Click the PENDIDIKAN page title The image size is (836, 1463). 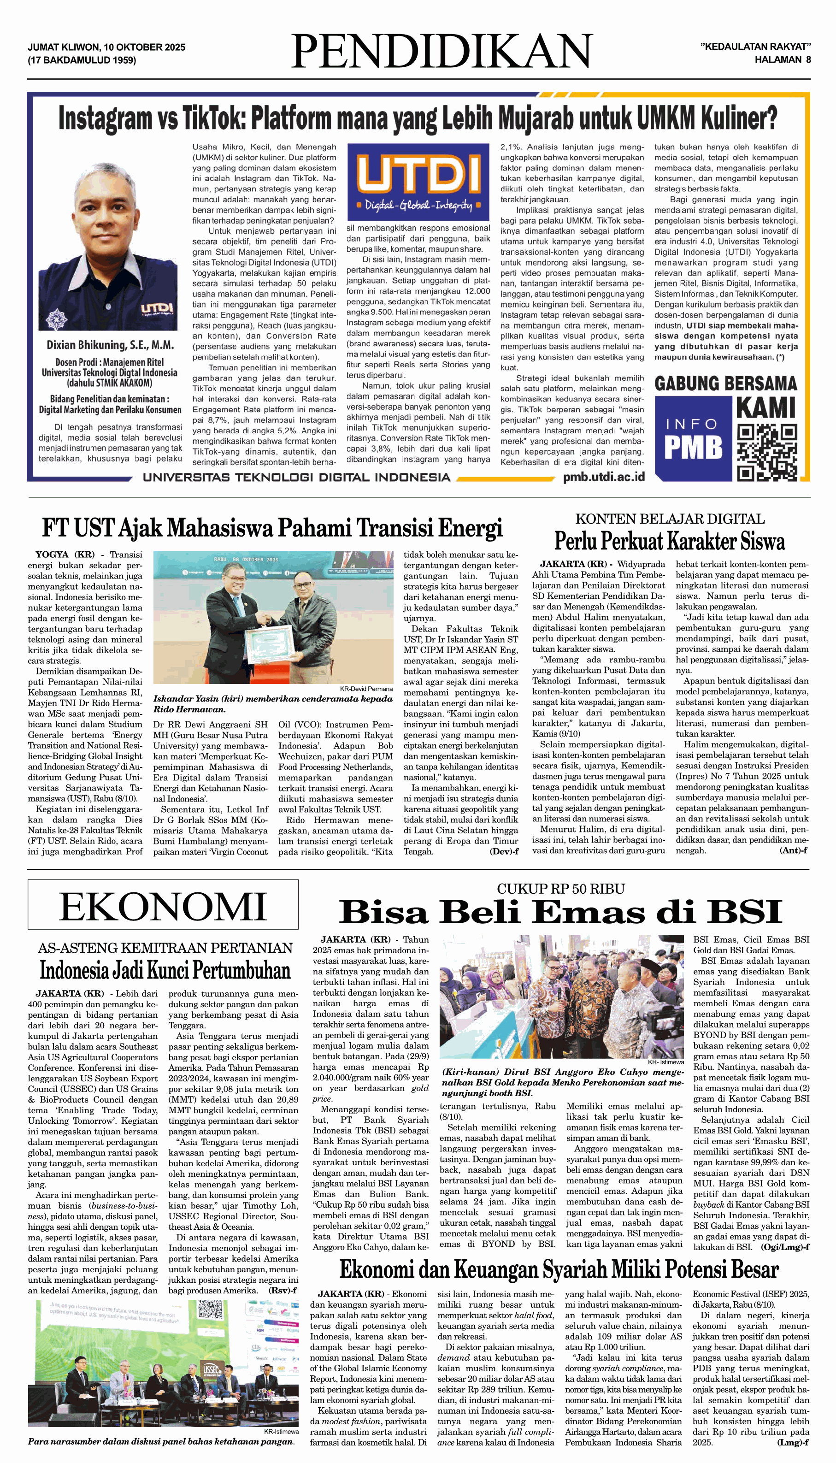441,52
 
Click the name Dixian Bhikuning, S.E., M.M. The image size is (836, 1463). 110,345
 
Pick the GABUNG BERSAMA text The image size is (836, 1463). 726,383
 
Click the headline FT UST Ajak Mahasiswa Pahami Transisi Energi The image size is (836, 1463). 272,528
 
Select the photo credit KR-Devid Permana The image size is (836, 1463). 366,689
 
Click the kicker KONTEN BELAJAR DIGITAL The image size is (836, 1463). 670,519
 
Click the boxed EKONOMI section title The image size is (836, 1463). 163,908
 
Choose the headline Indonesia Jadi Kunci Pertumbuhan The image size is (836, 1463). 165,970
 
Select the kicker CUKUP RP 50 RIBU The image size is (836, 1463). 560,889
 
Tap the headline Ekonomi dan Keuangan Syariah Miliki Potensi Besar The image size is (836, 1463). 559,1269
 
